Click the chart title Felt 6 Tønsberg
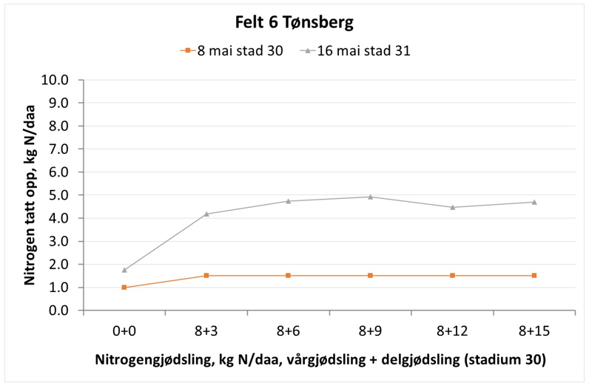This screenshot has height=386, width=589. [x=294, y=22]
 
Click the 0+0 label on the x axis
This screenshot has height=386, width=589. [x=124, y=329]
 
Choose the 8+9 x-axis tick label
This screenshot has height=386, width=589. [x=370, y=329]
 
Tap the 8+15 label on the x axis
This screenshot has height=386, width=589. [x=534, y=329]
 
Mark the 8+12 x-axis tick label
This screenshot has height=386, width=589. [x=451, y=329]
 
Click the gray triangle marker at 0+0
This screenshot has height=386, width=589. [x=124, y=270]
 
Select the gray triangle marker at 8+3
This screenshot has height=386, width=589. [x=206, y=214]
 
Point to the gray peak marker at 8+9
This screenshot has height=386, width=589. [x=370, y=197]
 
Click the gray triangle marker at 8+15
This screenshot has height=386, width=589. [x=534, y=202]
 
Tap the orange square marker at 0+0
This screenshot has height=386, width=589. [x=124, y=288]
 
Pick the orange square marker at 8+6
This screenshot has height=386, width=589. [x=288, y=275]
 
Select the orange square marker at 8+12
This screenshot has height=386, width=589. [x=451, y=275]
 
